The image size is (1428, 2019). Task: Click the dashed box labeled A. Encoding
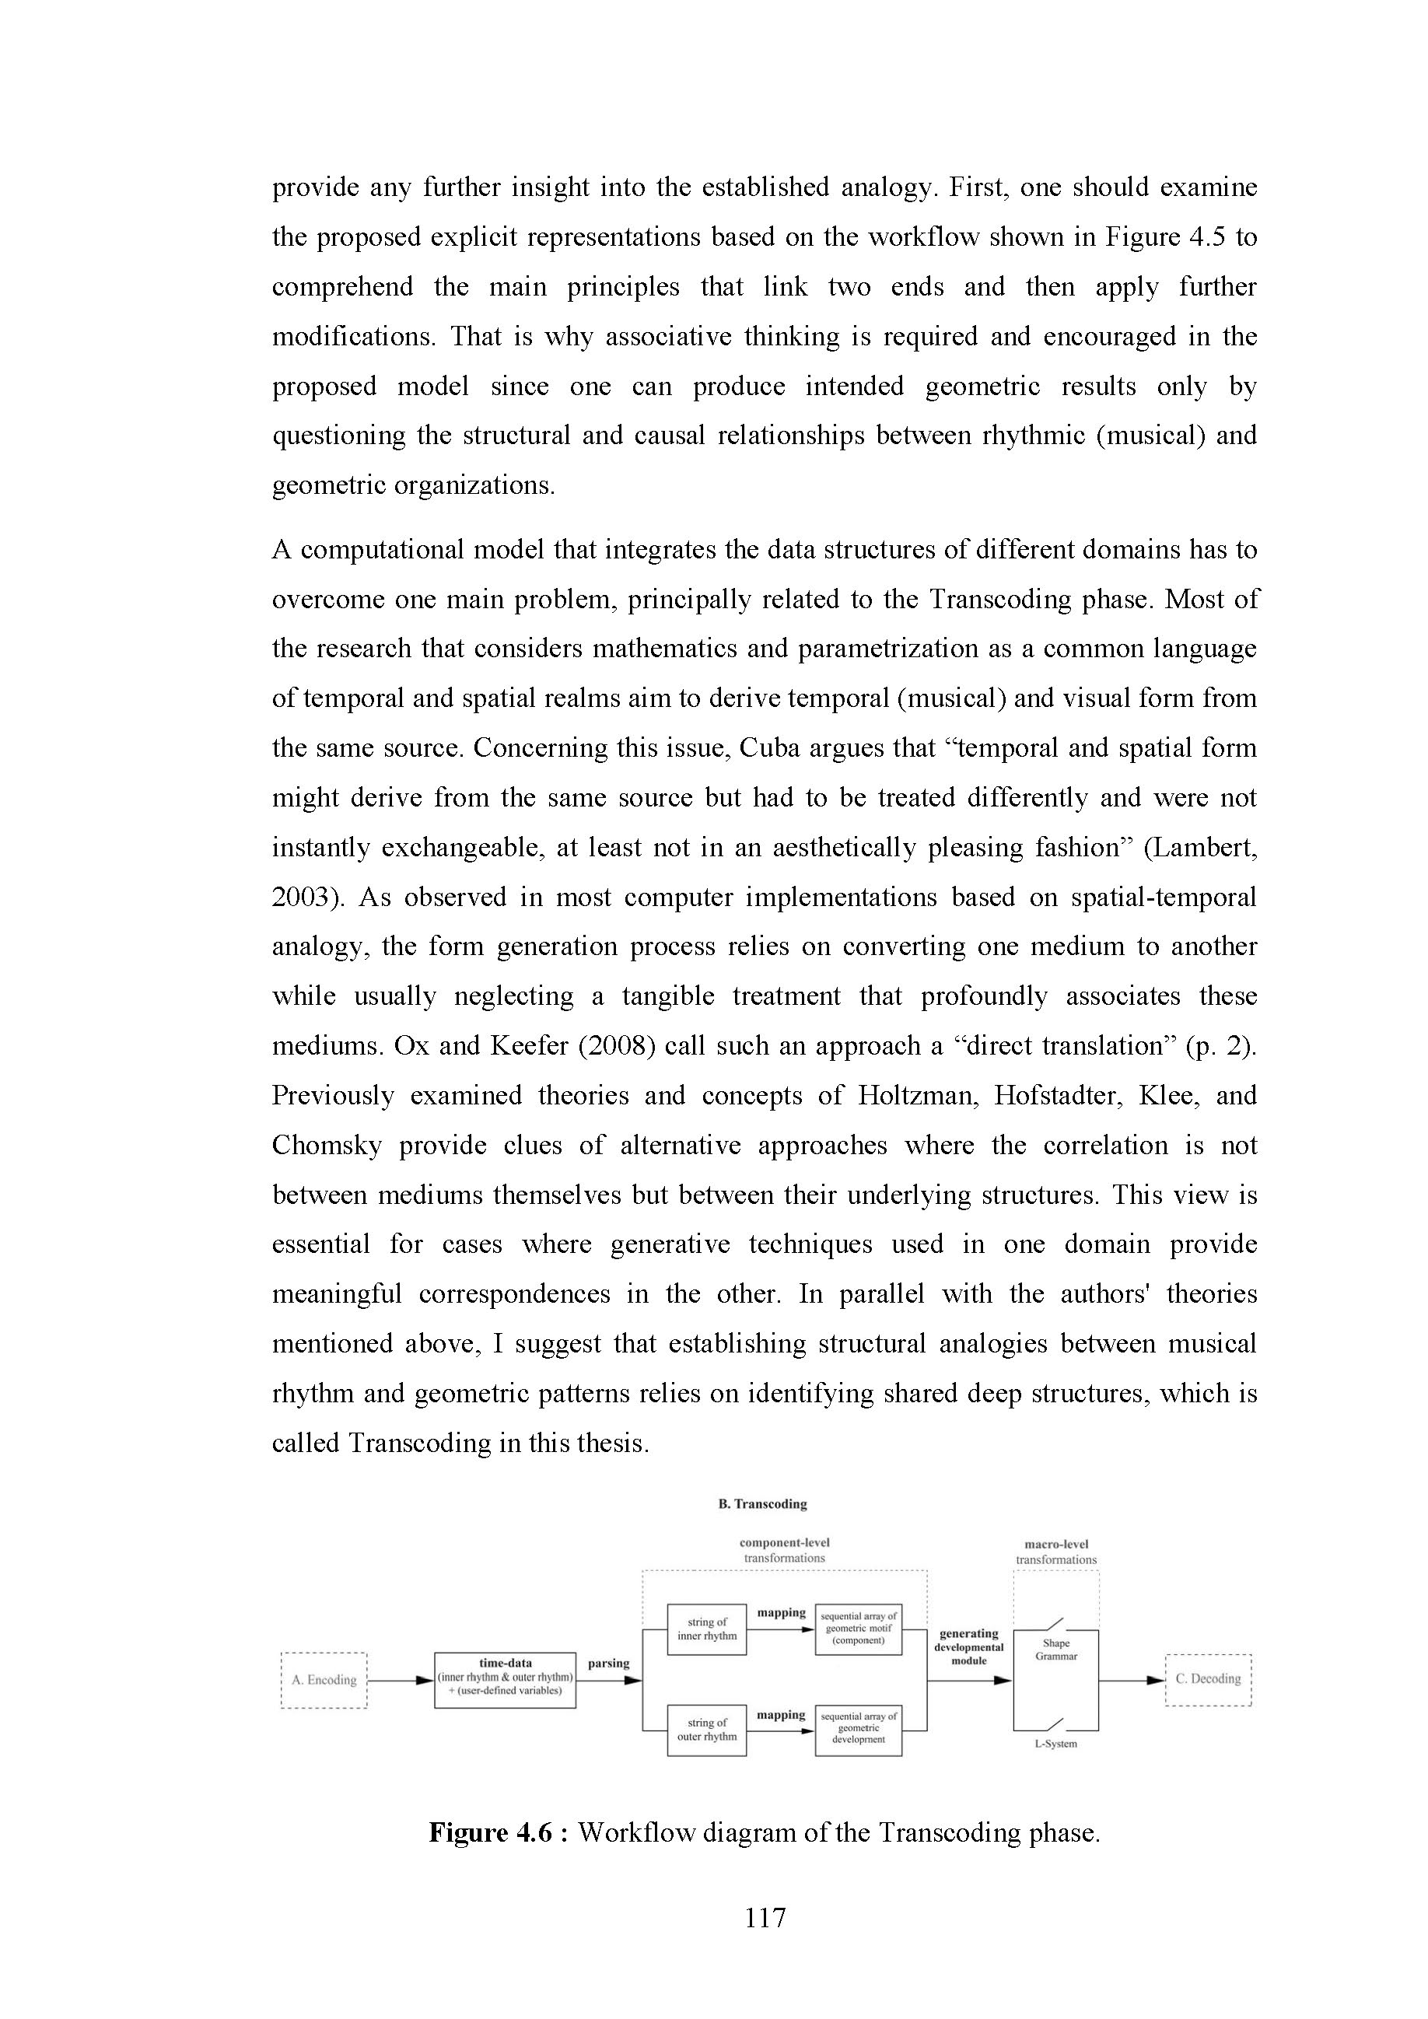tap(324, 1680)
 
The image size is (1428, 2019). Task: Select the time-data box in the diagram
tap(505, 1680)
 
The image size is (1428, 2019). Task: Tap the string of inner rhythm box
tap(706, 1629)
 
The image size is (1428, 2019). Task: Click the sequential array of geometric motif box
tap(858, 1629)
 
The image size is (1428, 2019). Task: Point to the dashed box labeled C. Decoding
tap(1207, 1678)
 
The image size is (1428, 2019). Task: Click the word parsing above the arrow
tap(608, 1663)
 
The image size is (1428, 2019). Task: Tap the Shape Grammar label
tap(1056, 1650)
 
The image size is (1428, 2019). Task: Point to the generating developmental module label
tap(968, 1647)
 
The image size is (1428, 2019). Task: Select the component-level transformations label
tap(784, 1550)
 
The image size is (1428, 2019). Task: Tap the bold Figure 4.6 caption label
tap(490, 1832)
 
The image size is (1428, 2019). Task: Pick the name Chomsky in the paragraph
tap(326, 1145)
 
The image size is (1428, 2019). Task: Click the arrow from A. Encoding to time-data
tap(400, 1681)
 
